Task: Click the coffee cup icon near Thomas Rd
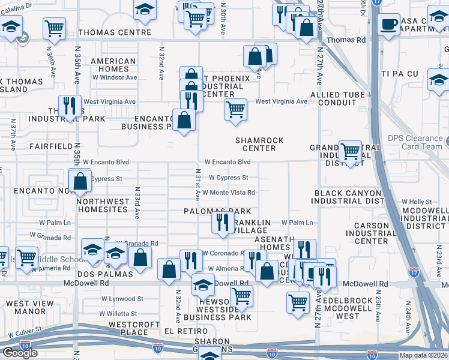click(388, 25)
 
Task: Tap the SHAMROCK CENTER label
click(259, 144)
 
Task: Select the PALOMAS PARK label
click(217, 211)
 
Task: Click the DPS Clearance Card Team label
click(414, 142)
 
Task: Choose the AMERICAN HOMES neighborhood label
click(113, 65)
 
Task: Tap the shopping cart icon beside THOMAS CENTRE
click(54, 27)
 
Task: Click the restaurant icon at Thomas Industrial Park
click(70, 106)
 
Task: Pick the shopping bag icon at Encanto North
click(80, 181)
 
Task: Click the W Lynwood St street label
click(122, 298)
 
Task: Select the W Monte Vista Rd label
click(229, 193)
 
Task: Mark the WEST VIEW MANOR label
click(26, 308)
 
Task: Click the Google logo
click(20, 353)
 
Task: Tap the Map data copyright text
click(423, 355)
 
